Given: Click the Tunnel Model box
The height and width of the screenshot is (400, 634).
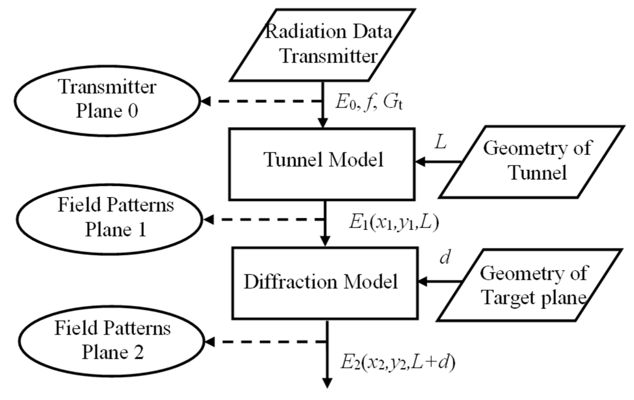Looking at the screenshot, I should pos(322,164).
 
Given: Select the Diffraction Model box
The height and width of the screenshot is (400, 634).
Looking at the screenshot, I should pos(325,283).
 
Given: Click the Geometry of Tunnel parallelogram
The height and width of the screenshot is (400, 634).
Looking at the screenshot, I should pos(532,162).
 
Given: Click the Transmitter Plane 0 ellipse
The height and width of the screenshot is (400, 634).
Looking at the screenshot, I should pos(107,100).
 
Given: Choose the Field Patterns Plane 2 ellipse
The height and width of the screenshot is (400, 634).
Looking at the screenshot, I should pos(112,341).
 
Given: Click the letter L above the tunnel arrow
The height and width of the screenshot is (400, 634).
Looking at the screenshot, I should pos(440,143).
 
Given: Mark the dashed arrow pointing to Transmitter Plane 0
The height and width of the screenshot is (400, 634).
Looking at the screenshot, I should pos(261,101).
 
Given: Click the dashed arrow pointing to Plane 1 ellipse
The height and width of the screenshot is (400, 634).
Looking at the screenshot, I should pos(263,219).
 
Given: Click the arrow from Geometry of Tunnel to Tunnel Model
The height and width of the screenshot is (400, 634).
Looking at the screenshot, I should pos(437,161).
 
